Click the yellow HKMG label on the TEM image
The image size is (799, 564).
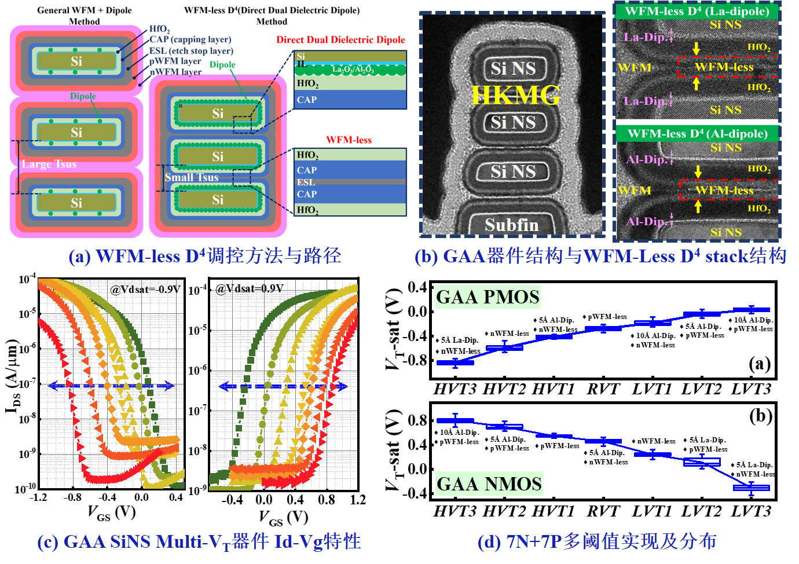[515, 95]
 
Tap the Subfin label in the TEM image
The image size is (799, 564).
[512, 225]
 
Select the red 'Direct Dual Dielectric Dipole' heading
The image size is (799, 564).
[340, 40]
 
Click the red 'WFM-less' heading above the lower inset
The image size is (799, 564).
[349, 140]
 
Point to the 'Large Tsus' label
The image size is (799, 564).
[49, 164]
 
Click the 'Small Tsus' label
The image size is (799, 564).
[191, 177]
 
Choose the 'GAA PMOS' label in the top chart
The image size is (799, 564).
[488, 297]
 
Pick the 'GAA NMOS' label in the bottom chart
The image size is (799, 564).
[489, 484]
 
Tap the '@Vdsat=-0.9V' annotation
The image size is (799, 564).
[146, 289]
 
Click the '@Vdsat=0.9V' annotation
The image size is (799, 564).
[250, 288]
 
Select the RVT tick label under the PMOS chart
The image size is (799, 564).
[603, 389]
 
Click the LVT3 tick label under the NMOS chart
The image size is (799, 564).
[751, 511]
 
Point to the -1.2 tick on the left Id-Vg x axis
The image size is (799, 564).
[38, 497]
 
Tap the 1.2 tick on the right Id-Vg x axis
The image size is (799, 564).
[358, 500]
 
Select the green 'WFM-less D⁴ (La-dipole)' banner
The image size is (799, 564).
[697, 11]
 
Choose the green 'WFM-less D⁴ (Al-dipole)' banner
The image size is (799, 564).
[697, 134]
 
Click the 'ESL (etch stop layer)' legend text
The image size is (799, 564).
[191, 50]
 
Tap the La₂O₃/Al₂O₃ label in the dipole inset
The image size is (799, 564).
[353, 69]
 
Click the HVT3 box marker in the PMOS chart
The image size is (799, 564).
[455, 362]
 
